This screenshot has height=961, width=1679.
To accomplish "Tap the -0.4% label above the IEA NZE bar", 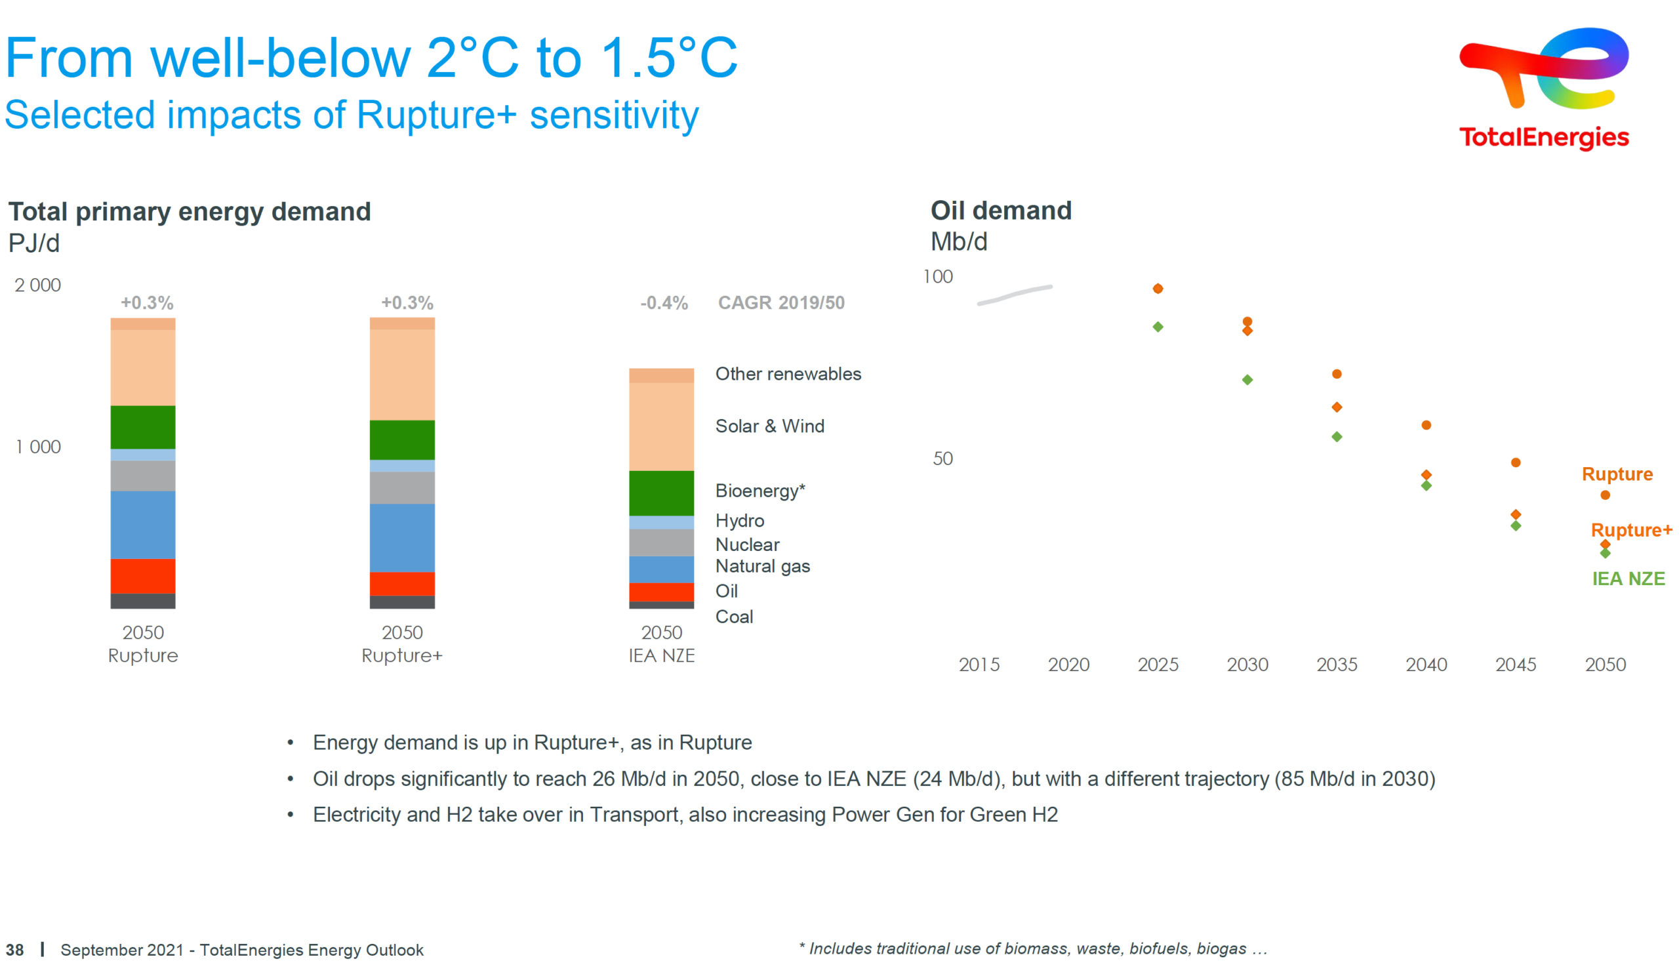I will click(x=664, y=303).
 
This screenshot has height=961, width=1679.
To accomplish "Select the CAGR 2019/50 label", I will click(x=781, y=303).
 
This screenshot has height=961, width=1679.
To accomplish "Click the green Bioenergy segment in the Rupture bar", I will click(x=142, y=427).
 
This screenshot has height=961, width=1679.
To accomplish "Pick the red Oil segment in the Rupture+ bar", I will click(x=402, y=584).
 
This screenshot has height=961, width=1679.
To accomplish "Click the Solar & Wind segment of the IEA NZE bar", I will click(x=661, y=426).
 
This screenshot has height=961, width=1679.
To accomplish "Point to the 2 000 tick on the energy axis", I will click(x=37, y=285).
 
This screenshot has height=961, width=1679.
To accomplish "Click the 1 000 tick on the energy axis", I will click(x=38, y=447).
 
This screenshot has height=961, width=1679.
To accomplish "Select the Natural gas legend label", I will click(x=763, y=566).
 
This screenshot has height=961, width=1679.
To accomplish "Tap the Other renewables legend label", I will click(x=788, y=375).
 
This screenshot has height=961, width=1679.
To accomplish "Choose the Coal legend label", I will click(x=735, y=617).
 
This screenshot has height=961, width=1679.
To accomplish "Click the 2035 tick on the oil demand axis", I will click(x=1337, y=665).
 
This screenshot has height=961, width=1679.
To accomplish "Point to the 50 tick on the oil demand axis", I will click(x=942, y=459).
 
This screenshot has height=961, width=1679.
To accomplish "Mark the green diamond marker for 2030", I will click(x=1247, y=380).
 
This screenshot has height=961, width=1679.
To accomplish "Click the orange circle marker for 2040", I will click(x=1426, y=425).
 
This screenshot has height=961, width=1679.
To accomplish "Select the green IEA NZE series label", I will click(x=1628, y=579).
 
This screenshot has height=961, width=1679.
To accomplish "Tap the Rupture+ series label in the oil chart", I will click(x=1631, y=530).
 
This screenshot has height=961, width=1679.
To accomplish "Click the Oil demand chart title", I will click(x=1001, y=211).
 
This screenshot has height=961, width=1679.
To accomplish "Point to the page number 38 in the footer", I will click(x=14, y=950).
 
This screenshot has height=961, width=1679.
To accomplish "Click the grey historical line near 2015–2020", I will click(x=1014, y=295).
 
